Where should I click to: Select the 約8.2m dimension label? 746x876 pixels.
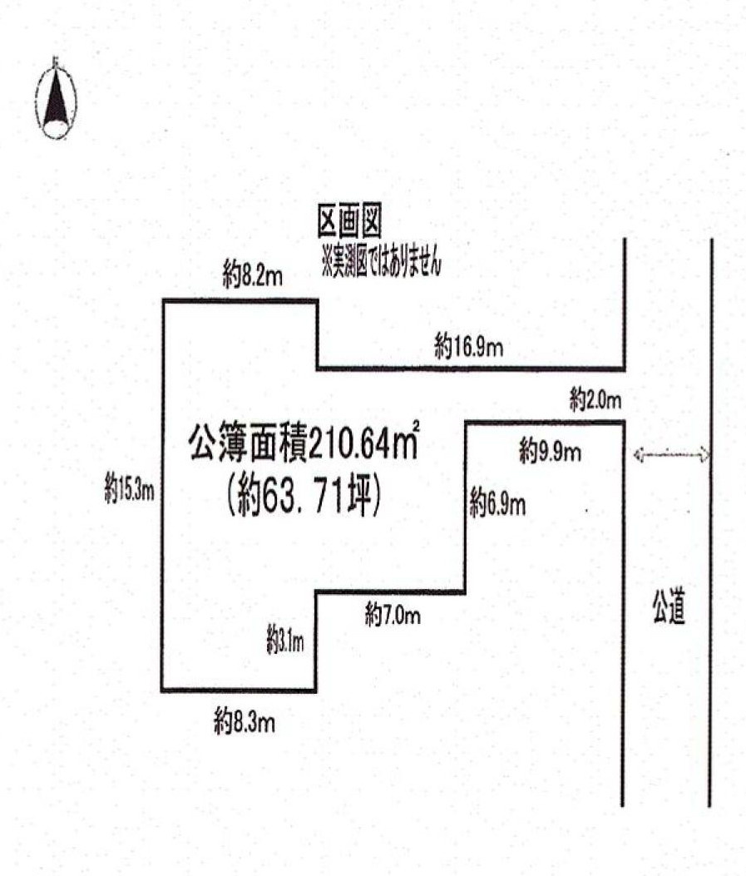coord(253,277)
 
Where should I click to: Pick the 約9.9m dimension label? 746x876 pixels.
coord(550,452)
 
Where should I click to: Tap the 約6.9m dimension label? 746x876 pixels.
coord(497,503)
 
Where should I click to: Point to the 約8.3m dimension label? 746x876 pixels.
coord(245,721)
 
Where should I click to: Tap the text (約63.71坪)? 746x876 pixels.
coord(303,498)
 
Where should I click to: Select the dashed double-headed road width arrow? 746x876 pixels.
coord(671,454)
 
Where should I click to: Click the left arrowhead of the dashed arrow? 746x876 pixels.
coord(639,454)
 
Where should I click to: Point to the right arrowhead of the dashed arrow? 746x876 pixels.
coord(704,454)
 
